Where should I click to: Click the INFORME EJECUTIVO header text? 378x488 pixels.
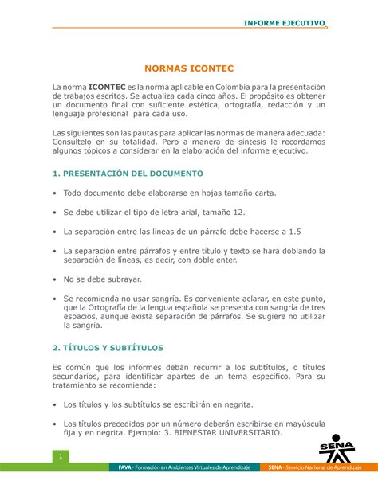click(284, 23)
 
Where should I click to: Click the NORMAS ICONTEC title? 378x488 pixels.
click(189, 69)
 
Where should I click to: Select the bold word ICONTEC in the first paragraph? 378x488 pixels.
click(106, 86)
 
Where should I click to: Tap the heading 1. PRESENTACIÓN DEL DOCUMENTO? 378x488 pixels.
click(128, 173)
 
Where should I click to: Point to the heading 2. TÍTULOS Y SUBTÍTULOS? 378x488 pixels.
click(108, 348)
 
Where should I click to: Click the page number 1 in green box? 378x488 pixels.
click(59, 455)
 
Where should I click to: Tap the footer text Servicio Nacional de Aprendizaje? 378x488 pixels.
click(322, 467)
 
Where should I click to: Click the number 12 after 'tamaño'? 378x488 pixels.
click(239, 213)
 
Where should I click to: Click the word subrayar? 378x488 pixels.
click(122, 279)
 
